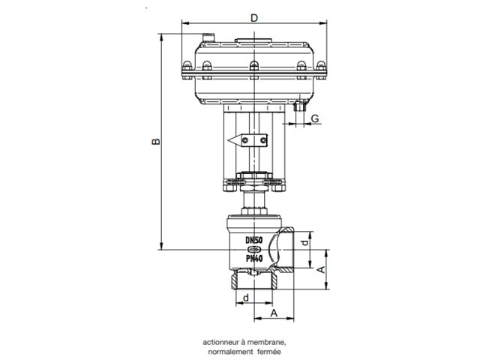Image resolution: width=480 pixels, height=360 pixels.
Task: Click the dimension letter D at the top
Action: [254, 18]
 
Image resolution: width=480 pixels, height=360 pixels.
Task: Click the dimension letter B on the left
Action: [156, 142]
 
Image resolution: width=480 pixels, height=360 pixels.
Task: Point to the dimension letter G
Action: [315, 118]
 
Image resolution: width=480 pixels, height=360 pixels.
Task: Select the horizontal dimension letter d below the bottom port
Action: [246, 298]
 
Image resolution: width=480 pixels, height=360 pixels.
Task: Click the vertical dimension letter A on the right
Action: [320, 269]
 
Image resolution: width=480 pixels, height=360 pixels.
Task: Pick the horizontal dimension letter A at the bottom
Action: [274, 313]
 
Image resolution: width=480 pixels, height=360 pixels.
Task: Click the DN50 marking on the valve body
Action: [254, 240]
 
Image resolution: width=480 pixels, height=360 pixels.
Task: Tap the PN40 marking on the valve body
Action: [254, 258]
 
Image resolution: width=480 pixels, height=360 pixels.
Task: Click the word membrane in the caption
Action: [266, 342]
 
